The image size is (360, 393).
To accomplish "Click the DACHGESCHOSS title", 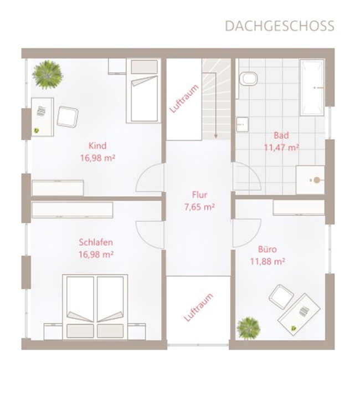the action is [x=280, y=26].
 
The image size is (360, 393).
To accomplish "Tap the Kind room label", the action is [x=97, y=146].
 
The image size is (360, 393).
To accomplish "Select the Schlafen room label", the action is [x=96, y=242].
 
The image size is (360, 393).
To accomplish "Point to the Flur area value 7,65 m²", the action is [x=199, y=207].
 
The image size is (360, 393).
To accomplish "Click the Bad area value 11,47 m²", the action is [x=282, y=147].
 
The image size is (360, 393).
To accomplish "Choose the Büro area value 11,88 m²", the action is [x=268, y=262].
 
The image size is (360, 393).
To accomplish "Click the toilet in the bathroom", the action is [x=248, y=79].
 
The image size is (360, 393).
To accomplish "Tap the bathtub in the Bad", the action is [x=312, y=88].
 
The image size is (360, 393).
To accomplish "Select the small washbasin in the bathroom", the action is [x=242, y=124].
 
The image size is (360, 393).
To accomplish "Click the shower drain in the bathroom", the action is [x=317, y=180].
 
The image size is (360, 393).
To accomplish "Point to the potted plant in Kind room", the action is [x=47, y=74].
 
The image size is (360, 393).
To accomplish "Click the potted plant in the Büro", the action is [x=249, y=328].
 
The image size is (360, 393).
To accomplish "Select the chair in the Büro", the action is [x=281, y=297].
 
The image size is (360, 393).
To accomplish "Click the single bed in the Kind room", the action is [x=143, y=91].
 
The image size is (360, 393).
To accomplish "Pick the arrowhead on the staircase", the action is [x=215, y=136].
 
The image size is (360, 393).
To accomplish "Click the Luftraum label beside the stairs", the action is [x=184, y=99].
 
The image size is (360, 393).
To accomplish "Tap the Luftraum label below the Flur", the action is [x=198, y=307].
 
